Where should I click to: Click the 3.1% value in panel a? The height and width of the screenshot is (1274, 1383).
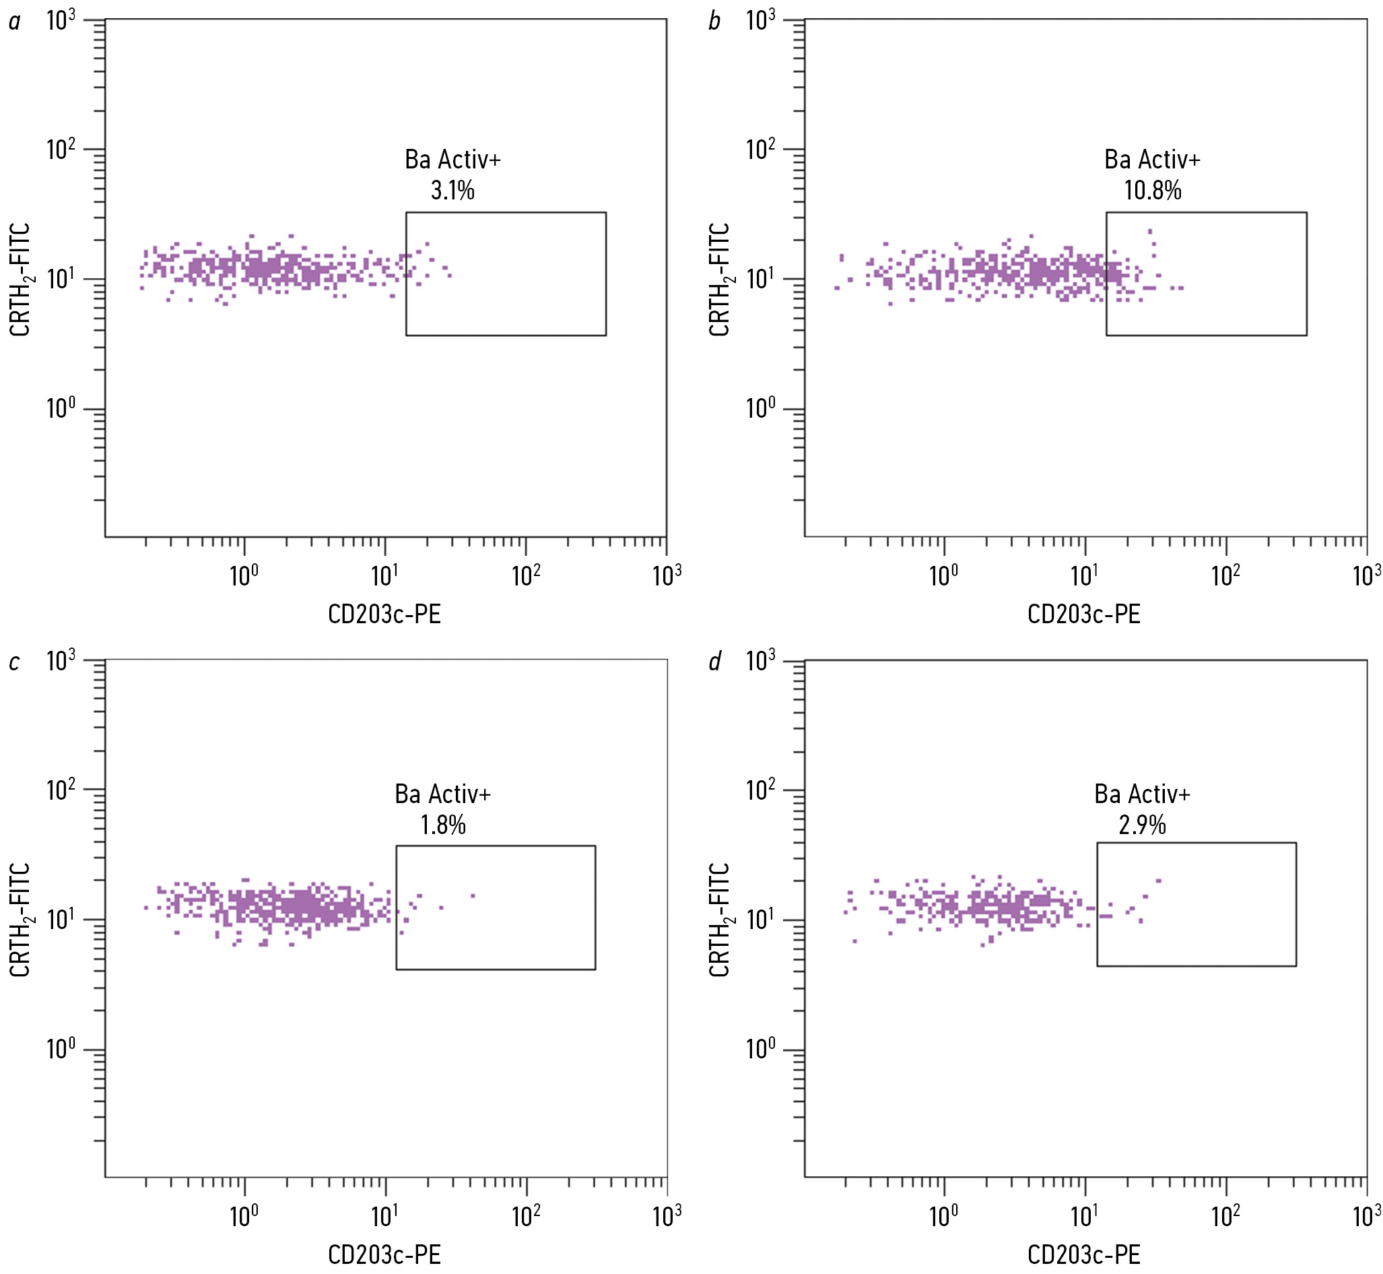point(452,190)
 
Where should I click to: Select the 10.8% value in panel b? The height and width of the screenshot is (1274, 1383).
point(1152,190)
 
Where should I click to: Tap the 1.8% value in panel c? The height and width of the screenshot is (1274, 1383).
point(443,825)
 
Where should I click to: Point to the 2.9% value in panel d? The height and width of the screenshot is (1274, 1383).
point(1142,825)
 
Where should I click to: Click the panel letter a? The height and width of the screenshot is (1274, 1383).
point(13,22)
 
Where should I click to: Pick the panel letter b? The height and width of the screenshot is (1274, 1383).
point(714,22)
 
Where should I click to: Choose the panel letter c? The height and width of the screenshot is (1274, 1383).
point(13,662)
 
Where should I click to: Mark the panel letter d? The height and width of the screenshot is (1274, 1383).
point(714,662)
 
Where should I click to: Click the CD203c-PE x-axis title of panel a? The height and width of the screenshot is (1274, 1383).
point(384,614)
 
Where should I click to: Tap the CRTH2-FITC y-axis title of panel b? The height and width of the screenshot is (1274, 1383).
point(718,279)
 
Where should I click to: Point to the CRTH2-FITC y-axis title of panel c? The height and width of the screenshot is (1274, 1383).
point(20,920)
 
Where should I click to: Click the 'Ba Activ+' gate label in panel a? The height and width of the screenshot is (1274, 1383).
point(452,160)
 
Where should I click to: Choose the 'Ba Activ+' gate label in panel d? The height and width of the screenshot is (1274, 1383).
point(1142,794)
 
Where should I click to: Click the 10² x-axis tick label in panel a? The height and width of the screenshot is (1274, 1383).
point(525,575)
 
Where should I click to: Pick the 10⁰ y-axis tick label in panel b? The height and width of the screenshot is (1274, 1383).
point(760,408)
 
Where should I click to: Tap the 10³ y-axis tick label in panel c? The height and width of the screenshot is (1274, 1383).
point(61,661)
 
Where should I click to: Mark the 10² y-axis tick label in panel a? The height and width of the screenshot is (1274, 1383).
point(61,149)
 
